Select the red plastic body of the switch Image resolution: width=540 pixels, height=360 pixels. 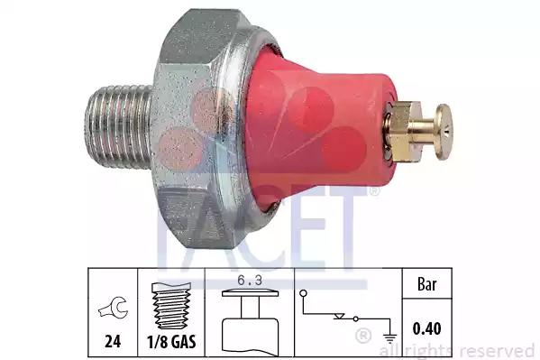(311, 117)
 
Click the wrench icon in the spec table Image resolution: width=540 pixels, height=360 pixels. (113, 309)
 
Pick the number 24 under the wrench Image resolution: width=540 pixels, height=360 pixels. (113, 342)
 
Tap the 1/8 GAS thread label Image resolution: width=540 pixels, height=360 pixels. (171, 342)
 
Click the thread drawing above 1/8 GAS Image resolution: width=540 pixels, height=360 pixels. (171, 303)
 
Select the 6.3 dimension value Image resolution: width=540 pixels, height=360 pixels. (247, 281)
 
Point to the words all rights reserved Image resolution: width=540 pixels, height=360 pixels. (460, 350)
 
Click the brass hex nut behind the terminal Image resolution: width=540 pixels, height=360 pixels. (398, 122)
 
